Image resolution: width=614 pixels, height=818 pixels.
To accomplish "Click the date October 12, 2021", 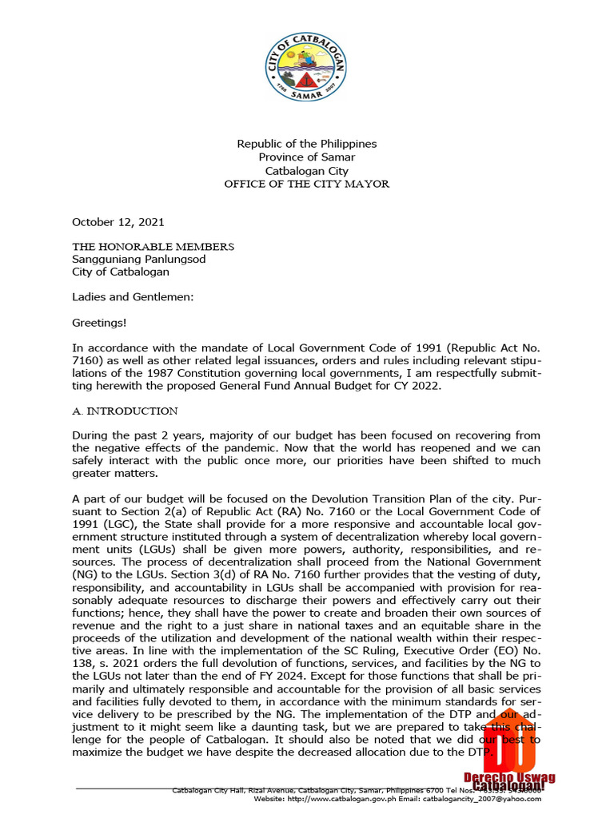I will tap(118, 222).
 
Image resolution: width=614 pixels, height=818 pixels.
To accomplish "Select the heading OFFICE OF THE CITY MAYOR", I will tap(306, 185).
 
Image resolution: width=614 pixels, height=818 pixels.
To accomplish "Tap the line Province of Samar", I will tap(306, 157).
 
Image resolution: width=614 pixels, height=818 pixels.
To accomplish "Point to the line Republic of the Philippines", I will tap(306, 144).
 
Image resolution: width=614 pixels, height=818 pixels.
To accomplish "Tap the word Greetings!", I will tap(99, 324).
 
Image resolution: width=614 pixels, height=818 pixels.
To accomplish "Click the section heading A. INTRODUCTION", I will tap(125, 411).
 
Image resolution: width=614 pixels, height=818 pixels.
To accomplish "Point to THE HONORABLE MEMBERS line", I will tap(153, 246).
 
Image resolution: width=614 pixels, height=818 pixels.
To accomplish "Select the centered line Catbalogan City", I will tap(306, 171).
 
